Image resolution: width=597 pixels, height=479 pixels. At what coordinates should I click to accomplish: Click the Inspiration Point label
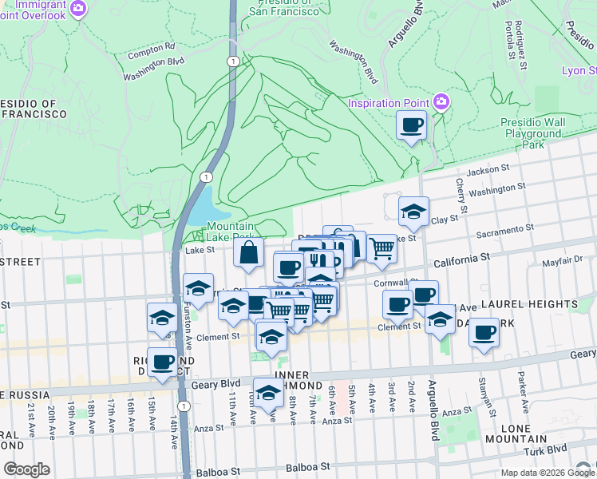tap(388, 103)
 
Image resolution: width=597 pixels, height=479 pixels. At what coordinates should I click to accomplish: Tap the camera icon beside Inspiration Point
tap(441, 101)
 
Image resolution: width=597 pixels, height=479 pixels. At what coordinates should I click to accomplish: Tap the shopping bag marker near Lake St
tap(249, 254)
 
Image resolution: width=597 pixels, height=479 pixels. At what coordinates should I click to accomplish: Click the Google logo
tap(26, 469)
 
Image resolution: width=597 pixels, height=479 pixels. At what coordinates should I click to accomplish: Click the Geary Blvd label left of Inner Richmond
tap(218, 384)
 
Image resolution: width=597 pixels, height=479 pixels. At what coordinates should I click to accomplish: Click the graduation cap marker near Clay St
tap(413, 212)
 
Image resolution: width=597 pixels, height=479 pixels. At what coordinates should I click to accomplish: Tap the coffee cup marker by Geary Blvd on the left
tap(163, 362)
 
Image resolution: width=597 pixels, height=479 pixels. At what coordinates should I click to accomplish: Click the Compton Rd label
tap(150, 49)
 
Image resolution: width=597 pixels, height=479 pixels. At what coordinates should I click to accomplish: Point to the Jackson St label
tap(488, 169)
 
